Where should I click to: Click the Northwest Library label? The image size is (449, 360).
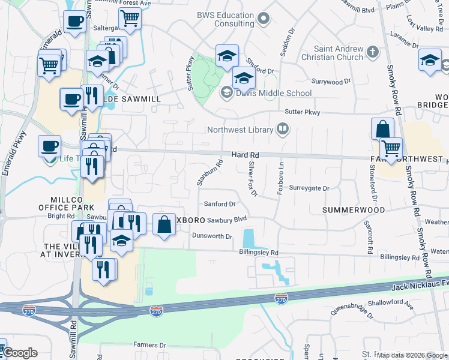(241, 129)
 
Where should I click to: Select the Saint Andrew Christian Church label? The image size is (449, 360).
(339, 53)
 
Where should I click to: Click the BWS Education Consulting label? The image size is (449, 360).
(226, 19)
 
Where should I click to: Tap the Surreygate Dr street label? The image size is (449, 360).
(309, 188)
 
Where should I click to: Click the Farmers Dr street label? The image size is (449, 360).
(149, 345)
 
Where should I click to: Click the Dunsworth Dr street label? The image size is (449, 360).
(212, 236)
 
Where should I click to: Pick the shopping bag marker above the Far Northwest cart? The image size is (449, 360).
(382, 128)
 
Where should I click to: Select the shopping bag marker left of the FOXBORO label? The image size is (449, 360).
(164, 224)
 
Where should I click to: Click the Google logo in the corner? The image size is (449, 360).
(20, 353)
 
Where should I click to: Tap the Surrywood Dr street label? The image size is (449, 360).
(331, 81)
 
